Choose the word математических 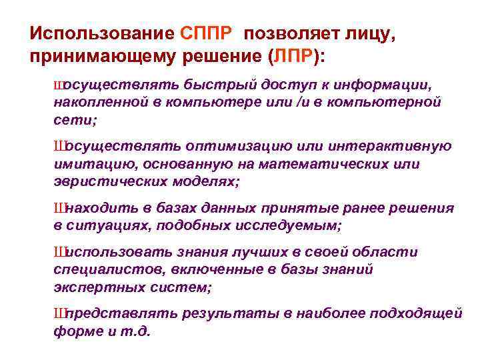(x=313, y=163)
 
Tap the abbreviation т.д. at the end (x=138, y=330)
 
